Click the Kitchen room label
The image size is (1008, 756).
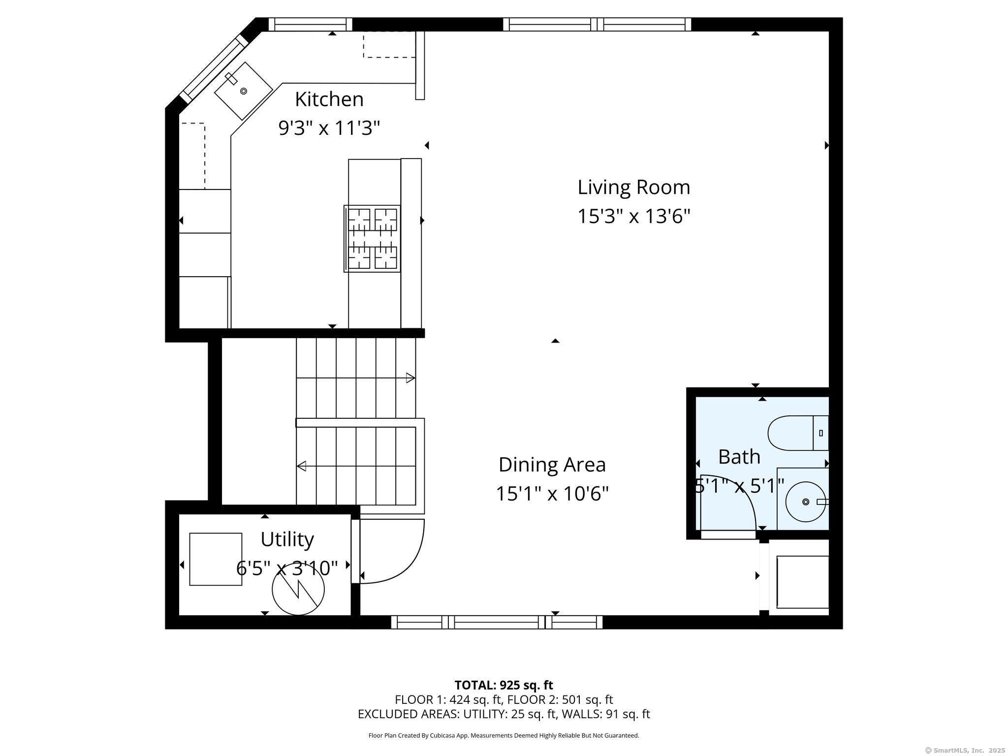coord(329,99)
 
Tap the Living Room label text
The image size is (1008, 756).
coord(634,188)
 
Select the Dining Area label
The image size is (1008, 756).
coord(552,465)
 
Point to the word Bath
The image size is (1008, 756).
coord(739,457)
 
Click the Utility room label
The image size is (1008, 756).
coord(287,539)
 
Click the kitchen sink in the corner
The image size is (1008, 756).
coord(243,91)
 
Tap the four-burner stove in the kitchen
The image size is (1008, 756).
coord(372,239)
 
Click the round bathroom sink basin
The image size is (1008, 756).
coord(805,502)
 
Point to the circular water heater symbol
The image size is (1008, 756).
coord(298,589)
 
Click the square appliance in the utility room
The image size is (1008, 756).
coord(216,559)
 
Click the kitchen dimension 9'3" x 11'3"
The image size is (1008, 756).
coord(329,128)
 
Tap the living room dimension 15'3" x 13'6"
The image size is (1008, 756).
coord(634,216)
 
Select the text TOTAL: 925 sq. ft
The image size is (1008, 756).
coord(504,685)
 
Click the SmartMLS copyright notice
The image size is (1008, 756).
coord(965,750)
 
